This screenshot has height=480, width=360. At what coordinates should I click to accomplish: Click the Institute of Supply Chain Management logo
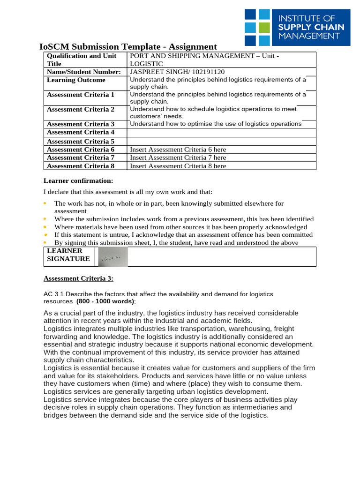[x=297, y=27]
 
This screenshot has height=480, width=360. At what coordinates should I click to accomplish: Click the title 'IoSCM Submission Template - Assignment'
[x=128, y=46]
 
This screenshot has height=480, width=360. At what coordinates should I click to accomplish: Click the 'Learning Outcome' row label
[x=76, y=80]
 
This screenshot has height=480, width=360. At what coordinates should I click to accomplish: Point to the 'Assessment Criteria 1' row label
[x=81, y=95]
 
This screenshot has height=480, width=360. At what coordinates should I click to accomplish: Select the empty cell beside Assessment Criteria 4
[x=222, y=133]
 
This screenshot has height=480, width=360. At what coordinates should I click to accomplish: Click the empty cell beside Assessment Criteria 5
[x=222, y=141]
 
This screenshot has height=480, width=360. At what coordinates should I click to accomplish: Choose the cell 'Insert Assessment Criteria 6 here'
[x=178, y=150]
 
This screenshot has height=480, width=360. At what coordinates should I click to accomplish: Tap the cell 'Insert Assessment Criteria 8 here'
[x=178, y=166]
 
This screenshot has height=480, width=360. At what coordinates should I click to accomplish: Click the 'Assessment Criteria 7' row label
[x=81, y=158]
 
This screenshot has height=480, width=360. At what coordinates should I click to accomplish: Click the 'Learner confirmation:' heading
[x=78, y=181]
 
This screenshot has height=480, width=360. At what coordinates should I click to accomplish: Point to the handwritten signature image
[x=113, y=257]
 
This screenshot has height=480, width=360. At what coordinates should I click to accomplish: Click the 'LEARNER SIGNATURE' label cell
[x=68, y=255]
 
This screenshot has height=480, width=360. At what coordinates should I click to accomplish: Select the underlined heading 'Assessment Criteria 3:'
[x=78, y=278]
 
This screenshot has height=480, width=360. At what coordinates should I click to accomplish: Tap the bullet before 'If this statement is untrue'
[x=45, y=235]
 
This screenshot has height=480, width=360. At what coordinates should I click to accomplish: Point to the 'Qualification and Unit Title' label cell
[x=82, y=60]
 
